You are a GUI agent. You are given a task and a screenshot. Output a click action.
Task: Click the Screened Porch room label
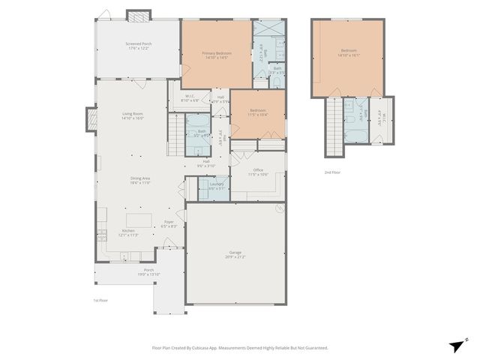pyautogui.click(x=138, y=46)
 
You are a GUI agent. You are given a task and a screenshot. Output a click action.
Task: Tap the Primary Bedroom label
pyautogui.click(x=216, y=55)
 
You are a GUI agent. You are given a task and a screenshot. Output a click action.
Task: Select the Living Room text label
pyautogui.click(x=133, y=115)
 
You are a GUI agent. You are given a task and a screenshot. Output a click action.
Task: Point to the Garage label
pyautogui.click(x=235, y=255)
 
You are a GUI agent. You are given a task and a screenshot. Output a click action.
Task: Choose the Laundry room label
pyautogui.click(x=217, y=186)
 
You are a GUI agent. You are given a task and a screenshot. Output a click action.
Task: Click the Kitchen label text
pyautogui.click(x=129, y=232)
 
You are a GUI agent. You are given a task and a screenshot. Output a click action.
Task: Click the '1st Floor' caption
pyautogui.click(x=100, y=300)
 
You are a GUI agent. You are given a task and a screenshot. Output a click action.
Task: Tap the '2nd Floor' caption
pyautogui.click(x=334, y=172)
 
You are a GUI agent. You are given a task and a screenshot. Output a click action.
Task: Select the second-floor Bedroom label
pyautogui.click(x=349, y=53)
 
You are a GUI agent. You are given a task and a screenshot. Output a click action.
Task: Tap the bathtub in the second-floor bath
pyautogui.click(x=352, y=134)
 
